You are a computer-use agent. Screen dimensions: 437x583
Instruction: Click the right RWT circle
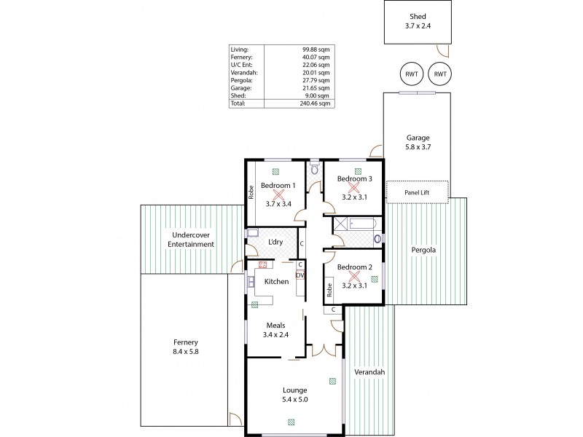click(x=439, y=74)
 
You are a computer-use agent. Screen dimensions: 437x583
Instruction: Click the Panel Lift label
click(x=418, y=192)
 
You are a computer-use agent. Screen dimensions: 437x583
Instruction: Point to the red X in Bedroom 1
click(x=278, y=195)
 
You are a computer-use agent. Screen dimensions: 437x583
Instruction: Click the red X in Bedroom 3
click(x=354, y=188)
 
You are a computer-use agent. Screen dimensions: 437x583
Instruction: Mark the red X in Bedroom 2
click(x=354, y=277)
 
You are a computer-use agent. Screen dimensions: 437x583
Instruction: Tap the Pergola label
click(x=423, y=250)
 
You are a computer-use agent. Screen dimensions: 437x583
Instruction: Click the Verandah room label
click(x=369, y=372)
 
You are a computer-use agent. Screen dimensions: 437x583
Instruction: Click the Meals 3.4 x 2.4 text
click(x=275, y=330)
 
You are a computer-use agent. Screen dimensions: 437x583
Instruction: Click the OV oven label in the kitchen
click(x=300, y=275)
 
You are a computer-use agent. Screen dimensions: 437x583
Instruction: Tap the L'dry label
click(x=275, y=242)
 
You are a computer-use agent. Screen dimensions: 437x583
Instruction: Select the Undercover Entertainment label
click(x=190, y=240)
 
